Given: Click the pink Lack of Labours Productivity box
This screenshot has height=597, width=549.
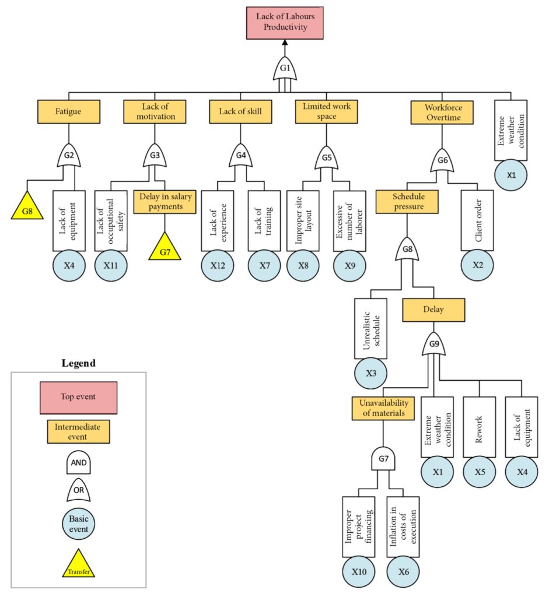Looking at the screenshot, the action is pyautogui.click(x=285, y=23).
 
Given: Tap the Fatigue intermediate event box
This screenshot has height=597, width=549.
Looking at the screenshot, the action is pyautogui.click(x=69, y=111).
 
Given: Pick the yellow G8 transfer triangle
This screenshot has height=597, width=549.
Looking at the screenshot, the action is pyautogui.click(x=27, y=206).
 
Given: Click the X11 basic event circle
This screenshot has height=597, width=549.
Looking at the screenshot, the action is pyautogui.click(x=111, y=265).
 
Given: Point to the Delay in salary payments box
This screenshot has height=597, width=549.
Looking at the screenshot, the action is pyautogui.click(x=165, y=202).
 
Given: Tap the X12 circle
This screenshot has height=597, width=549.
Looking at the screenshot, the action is pyautogui.click(x=218, y=265).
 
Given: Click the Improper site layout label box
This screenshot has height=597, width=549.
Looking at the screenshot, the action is pyautogui.click(x=303, y=221).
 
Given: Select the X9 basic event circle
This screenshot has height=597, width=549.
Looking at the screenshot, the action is pyautogui.click(x=349, y=265).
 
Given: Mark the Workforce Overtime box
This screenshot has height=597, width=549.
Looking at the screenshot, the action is pyautogui.click(x=442, y=113).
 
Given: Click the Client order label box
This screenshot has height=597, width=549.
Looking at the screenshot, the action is pyautogui.click(x=477, y=220).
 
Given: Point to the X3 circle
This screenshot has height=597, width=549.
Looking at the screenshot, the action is pyautogui.click(x=370, y=373).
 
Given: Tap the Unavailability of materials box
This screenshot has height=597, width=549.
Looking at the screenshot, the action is pyautogui.click(x=383, y=409).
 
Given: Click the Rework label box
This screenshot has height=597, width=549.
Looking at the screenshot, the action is pyautogui.click(x=479, y=427).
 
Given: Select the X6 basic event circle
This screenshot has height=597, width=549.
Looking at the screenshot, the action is pyautogui.click(x=403, y=571).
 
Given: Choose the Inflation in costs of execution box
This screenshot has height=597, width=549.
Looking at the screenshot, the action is pyautogui.click(x=403, y=527).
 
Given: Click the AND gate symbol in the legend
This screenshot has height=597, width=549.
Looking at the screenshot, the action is pyautogui.click(x=79, y=462).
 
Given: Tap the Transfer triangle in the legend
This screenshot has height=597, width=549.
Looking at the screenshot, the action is pyautogui.click(x=79, y=565).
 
